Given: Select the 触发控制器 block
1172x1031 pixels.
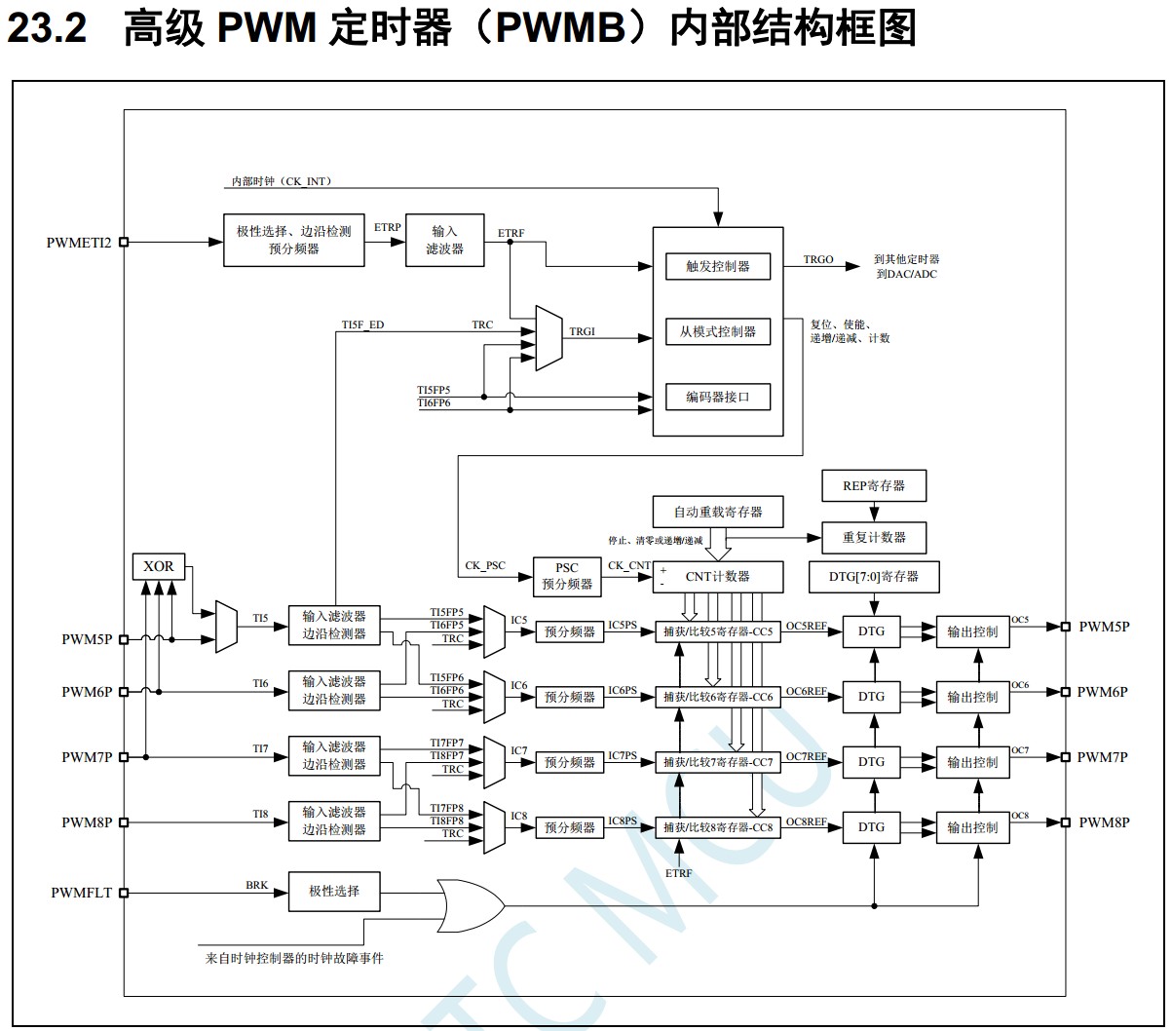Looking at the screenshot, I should pyautogui.click(x=717, y=266).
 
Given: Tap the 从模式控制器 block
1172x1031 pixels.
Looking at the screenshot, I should pyautogui.click(x=717, y=331).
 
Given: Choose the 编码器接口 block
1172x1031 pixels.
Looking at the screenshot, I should pyautogui.click(x=717, y=397).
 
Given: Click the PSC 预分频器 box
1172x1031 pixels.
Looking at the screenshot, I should pyautogui.click(x=566, y=577).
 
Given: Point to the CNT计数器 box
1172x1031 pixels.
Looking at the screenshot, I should pyautogui.click(x=718, y=576).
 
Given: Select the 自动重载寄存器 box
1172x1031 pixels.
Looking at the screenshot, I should pyautogui.click(x=717, y=512).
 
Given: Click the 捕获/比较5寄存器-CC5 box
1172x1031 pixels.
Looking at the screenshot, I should pyautogui.click(x=718, y=631).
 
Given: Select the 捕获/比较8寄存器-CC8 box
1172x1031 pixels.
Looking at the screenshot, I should pyautogui.click(x=718, y=827).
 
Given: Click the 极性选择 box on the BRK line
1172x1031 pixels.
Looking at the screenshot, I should pyautogui.click(x=334, y=891).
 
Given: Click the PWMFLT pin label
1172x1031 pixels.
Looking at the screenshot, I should pyautogui.click(x=82, y=893).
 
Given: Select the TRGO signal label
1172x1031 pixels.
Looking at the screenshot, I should pyautogui.click(x=818, y=260).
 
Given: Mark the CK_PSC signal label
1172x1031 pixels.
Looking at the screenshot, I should pyautogui.click(x=485, y=565).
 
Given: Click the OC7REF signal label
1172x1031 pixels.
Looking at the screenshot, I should pyautogui.click(x=806, y=756).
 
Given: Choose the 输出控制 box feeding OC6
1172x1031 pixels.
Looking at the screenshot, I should pyautogui.click(x=971, y=697).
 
